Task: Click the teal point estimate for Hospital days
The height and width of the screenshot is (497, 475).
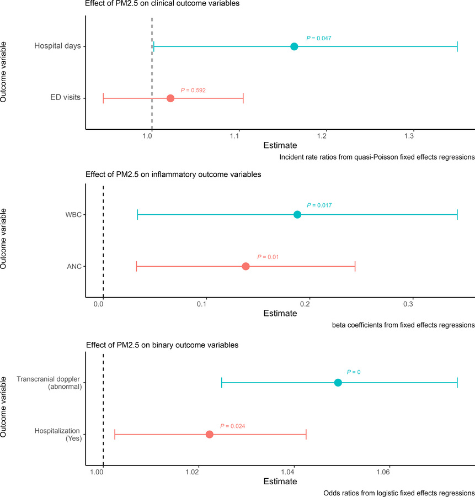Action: (294, 46)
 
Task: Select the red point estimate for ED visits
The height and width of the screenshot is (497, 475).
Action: (170, 98)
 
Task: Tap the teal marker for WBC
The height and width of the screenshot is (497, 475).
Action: (297, 215)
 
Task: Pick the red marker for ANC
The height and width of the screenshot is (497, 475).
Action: (245, 267)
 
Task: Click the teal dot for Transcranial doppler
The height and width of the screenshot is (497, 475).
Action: (338, 383)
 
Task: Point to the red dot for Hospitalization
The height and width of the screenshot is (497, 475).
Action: (209, 435)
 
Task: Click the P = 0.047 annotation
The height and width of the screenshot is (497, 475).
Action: (318, 38)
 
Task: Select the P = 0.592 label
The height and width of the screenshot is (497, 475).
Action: (193, 90)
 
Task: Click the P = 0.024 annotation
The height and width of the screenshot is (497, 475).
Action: (232, 426)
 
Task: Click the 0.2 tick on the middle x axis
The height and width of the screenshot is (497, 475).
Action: (308, 304)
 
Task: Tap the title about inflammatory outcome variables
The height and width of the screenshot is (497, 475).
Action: (173, 175)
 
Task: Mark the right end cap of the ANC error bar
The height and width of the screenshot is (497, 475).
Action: (355, 267)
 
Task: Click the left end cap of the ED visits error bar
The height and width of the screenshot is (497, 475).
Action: (103, 98)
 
